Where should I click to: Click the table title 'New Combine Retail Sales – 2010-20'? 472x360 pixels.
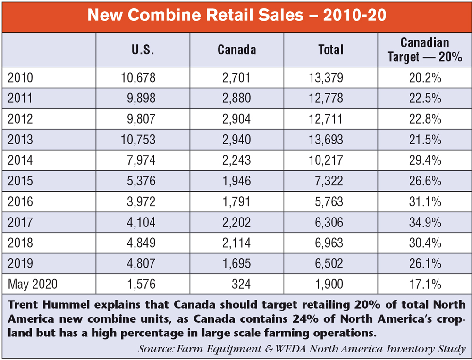[236, 16]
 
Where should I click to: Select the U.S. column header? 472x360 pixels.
[143, 50]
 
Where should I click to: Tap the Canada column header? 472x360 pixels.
[236, 50]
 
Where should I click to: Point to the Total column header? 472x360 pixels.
[330, 50]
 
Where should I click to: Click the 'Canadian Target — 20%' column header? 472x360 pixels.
[424, 50]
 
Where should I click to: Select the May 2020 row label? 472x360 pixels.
[33, 284]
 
